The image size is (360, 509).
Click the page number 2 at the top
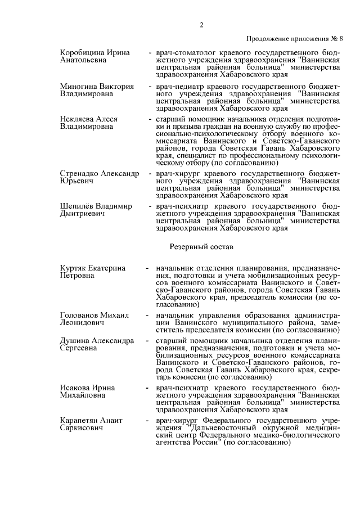click(x=201, y=25)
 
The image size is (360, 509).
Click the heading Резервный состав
click(x=201, y=246)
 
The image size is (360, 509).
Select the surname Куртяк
click(x=75, y=268)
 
